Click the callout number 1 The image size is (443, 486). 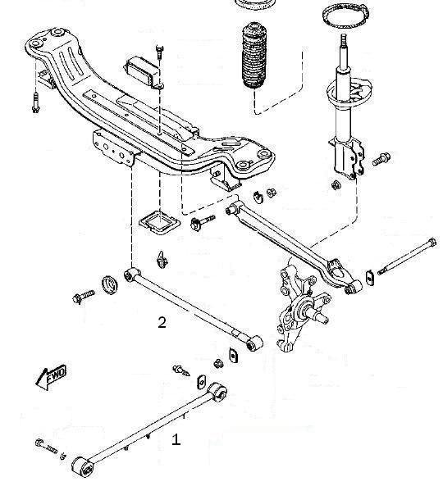click(x=176, y=439)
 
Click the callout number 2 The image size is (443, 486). click(x=162, y=322)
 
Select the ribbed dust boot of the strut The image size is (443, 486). click(x=254, y=55)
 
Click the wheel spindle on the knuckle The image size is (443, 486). click(x=318, y=315)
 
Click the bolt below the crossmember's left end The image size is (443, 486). click(x=35, y=102)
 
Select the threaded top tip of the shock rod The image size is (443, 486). click(x=344, y=40)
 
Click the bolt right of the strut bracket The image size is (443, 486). click(x=381, y=159)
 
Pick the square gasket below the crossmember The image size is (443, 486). click(x=159, y=222)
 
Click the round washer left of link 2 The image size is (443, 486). click(x=110, y=284)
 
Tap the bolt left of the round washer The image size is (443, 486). click(x=83, y=297)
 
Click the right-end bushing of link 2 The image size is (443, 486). click(x=254, y=343)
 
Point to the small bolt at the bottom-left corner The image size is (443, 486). click(x=47, y=446)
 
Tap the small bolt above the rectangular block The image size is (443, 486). click(x=159, y=52)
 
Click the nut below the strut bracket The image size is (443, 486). click(x=336, y=185)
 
